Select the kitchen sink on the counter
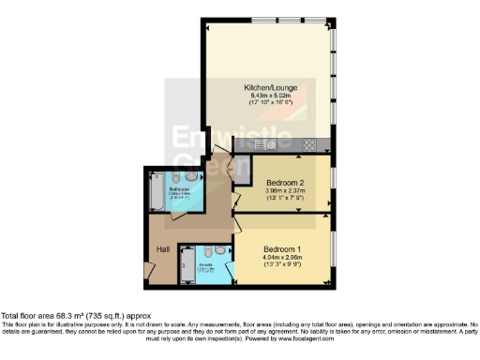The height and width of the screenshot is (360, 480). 269,144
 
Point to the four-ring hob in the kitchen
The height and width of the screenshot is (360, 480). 307,144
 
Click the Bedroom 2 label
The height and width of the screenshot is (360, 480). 285,182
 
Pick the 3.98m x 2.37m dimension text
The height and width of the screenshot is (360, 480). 285,191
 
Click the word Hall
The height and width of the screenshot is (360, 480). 163,248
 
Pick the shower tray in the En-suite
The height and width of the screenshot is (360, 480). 186,264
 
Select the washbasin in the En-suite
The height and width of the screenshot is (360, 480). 219,250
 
